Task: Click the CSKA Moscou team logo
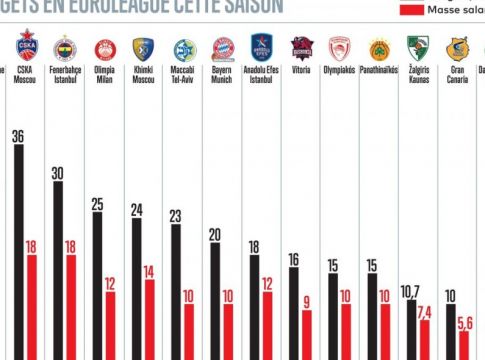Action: tap(27, 47)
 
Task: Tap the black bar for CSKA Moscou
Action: tap(19, 250)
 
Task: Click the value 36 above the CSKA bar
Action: tap(18, 136)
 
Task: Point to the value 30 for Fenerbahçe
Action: tap(57, 173)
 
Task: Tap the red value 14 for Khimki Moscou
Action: tap(149, 271)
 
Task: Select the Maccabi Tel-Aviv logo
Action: tap(184, 49)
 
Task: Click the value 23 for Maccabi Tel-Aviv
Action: tap(175, 216)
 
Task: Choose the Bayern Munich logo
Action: tap(223, 49)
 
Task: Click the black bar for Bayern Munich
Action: tap(215, 300)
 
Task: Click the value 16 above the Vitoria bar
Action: tap(293, 260)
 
